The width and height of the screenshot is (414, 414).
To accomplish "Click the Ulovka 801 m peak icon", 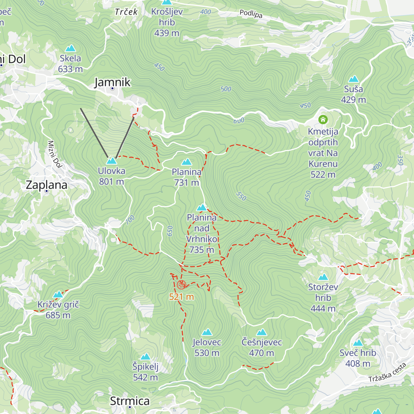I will coord(111,161).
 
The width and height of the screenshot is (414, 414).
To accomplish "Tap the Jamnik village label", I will coord(112,82).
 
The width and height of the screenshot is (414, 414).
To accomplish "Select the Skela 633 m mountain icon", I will coord(70,48).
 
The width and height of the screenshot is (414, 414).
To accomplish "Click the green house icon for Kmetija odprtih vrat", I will coord(323,120).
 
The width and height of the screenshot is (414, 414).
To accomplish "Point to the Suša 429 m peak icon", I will coord(354,79).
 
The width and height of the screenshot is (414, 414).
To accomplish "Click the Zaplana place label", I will coord(47,185).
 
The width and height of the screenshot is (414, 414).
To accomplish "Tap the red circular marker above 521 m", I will coord(181,285).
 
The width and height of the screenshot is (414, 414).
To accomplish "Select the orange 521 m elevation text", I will coord(181,297).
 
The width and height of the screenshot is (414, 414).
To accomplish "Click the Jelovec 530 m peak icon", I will coord(207,332).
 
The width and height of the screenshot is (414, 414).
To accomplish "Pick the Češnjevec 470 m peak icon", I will coord(262,332).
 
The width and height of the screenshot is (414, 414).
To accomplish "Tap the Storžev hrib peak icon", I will coord(323,277).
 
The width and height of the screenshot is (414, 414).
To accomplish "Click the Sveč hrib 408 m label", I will coord(358,358).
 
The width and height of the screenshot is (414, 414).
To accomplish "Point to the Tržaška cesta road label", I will coord(387,373).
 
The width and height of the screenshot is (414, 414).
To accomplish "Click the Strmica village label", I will coord(130,401).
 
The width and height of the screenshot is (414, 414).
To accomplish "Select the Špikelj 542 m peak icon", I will coord(145,357).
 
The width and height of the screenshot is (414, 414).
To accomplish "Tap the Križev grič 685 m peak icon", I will coord(58,295).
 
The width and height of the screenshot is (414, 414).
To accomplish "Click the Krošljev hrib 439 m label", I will coord(167,22).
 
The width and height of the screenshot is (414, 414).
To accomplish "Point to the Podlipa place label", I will coord(251,14).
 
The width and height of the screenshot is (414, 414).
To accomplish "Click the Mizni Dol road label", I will coord(55,154).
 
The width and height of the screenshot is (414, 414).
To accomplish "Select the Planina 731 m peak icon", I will coord(187,162).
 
